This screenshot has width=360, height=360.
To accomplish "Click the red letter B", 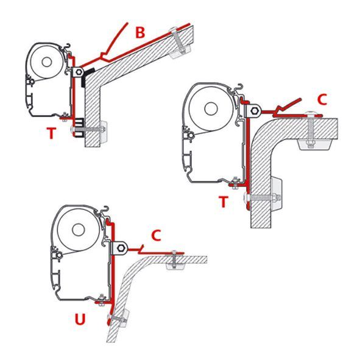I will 140,34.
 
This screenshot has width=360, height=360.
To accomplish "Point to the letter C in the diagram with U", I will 155,234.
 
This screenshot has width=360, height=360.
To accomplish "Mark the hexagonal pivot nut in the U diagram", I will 122,248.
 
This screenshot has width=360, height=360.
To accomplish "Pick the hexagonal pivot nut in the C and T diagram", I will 254,111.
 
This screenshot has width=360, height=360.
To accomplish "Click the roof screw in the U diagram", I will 174,258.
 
